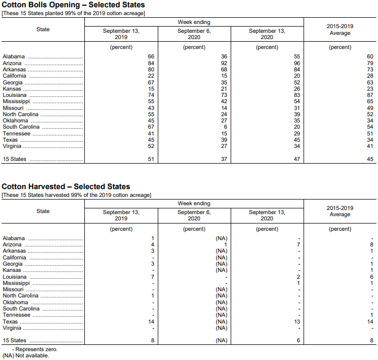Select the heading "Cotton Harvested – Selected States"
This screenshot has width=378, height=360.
click(x=66, y=187)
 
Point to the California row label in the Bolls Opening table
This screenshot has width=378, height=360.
click(x=15, y=76)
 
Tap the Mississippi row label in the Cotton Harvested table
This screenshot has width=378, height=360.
click(x=16, y=283)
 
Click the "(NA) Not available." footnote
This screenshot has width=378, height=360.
click(x=26, y=355)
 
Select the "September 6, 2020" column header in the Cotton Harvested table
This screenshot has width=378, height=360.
click(x=194, y=215)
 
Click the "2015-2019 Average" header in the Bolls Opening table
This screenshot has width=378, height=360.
click(x=340, y=30)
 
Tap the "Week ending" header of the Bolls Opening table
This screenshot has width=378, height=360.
click(x=194, y=22)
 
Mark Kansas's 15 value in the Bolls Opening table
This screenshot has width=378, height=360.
click(x=151, y=89)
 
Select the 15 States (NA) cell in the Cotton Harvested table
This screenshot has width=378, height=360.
click(x=222, y=340)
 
